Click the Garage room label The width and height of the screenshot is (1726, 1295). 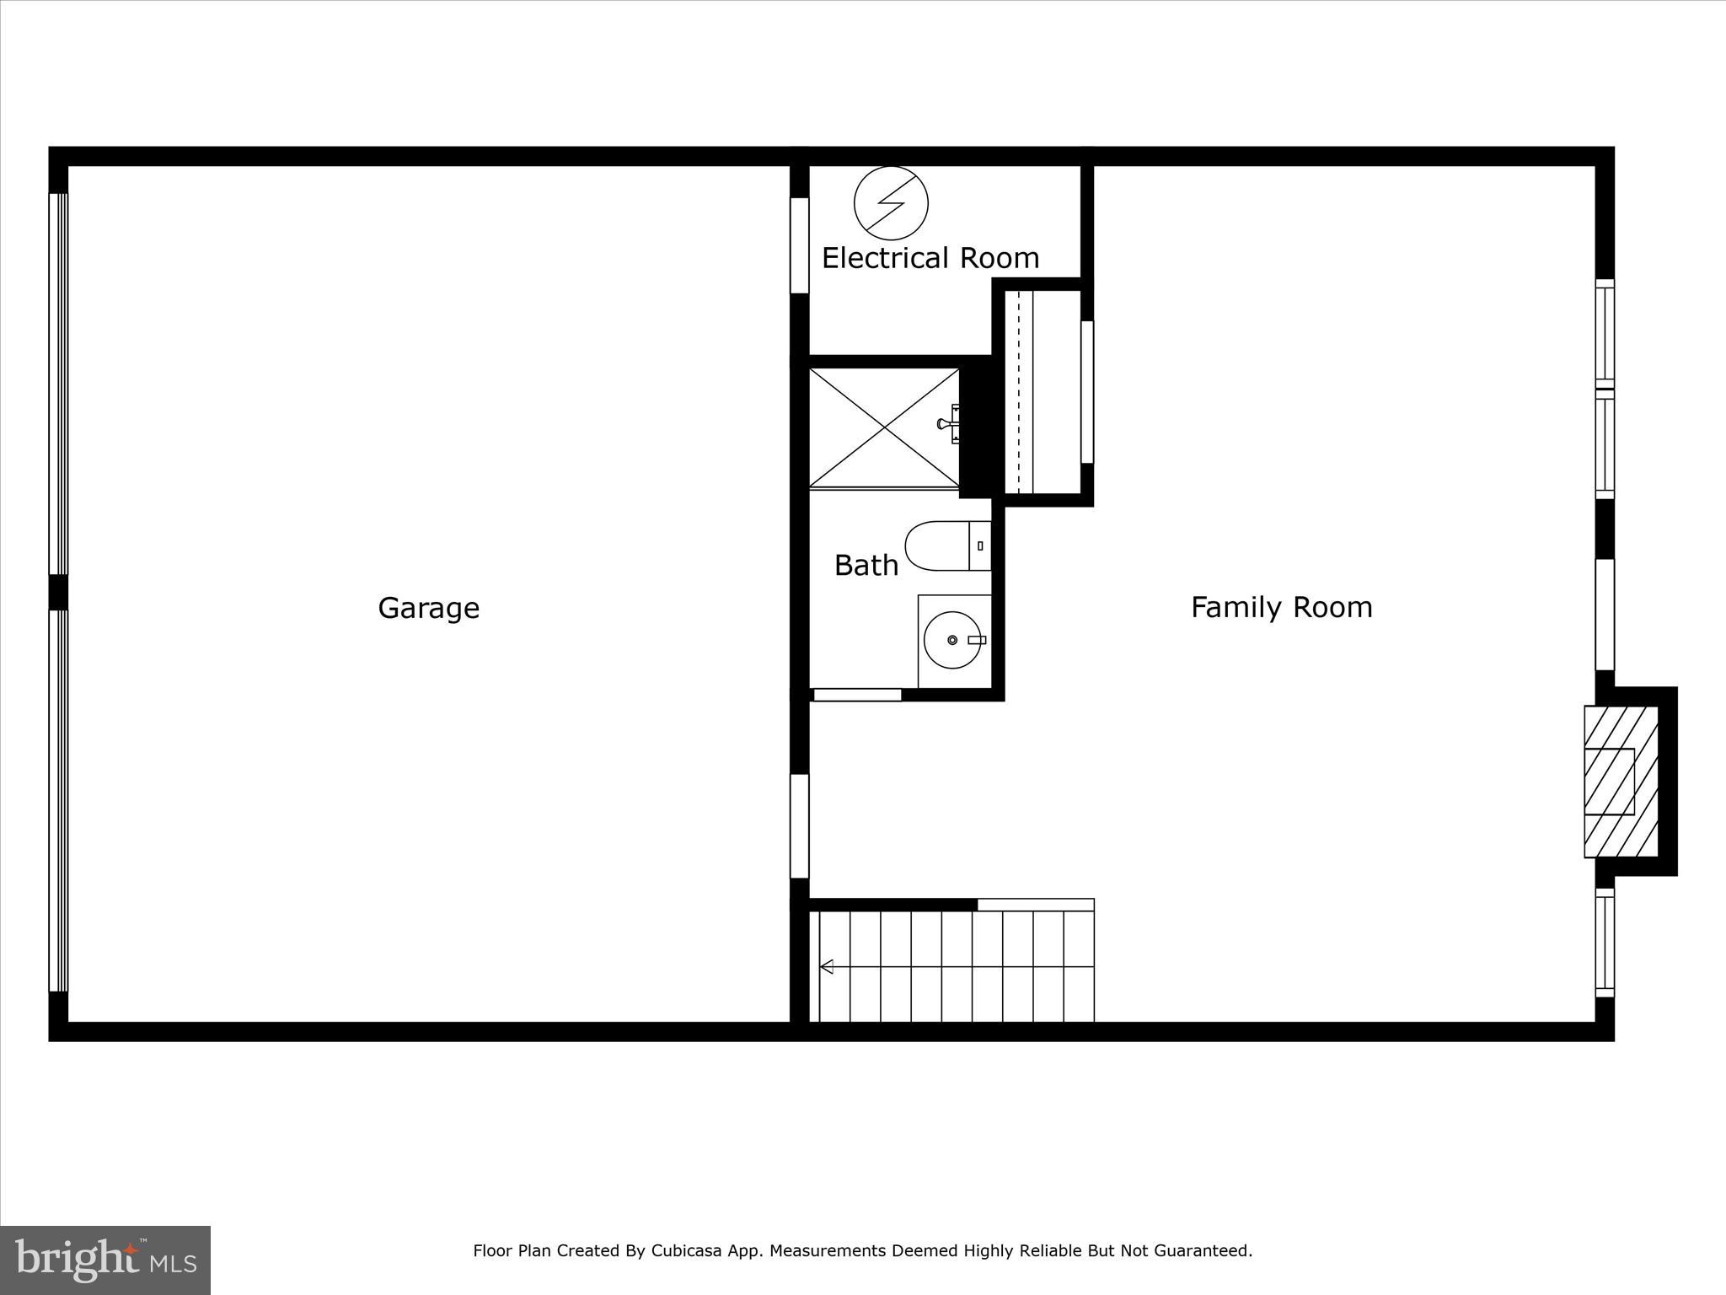428,608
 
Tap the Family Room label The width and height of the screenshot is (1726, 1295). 1281,607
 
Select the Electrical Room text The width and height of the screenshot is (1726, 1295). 930,258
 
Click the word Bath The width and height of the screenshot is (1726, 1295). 866,565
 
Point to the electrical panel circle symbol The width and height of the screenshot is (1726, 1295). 891,203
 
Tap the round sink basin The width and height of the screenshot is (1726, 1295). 952,640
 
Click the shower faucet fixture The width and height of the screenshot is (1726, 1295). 950,423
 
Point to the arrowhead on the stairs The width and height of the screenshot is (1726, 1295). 827,966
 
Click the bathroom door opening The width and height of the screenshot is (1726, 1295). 857,695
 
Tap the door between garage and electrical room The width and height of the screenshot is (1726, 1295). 799,245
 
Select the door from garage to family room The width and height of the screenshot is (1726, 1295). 799,826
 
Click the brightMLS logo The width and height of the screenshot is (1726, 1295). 105,1260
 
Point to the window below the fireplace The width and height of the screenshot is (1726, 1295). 1605,942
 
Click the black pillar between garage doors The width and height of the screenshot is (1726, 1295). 58,592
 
